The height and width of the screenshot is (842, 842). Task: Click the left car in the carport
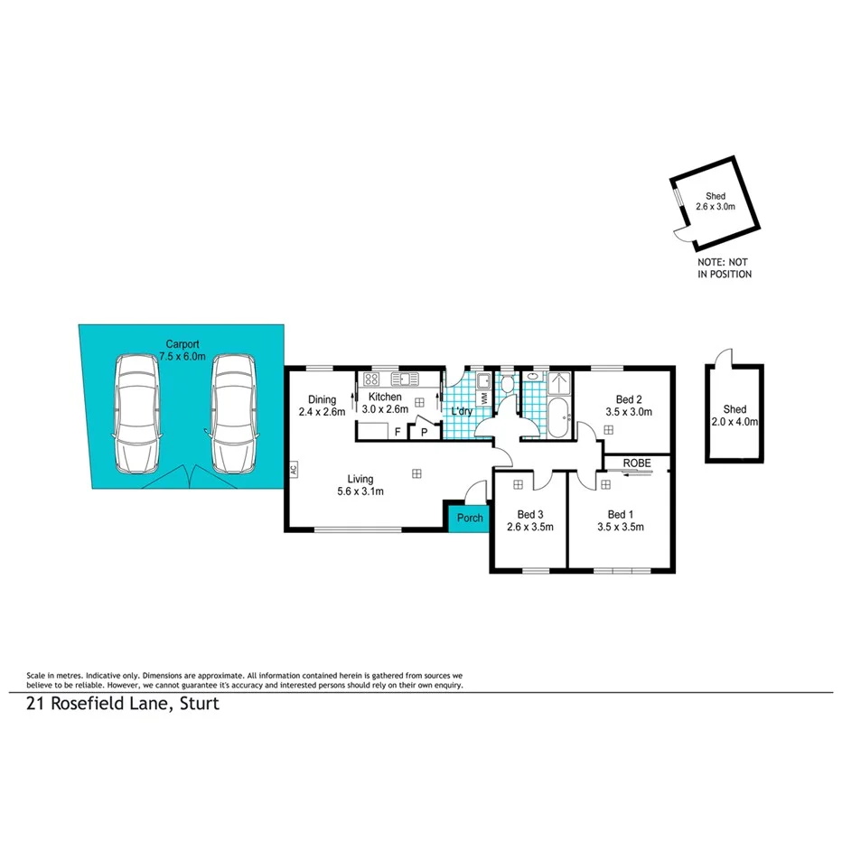click(137, 414)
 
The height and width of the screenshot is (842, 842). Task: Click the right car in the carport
click(232, 414)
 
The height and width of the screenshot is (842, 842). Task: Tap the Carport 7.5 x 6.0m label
click(182, 350)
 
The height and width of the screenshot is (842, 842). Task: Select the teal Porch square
click(469, 519)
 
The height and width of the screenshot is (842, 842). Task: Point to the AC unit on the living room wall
click(294, 470)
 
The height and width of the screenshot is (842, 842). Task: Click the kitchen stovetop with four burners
click(370, 379)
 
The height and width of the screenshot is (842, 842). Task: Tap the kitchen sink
click(402, 379)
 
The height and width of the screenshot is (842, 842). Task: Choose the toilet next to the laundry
click(508, 385)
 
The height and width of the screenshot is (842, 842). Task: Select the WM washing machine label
click(484, 397)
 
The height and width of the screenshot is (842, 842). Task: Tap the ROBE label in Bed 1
click(637, 463)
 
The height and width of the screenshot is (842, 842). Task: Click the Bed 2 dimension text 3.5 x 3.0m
click(629, 412)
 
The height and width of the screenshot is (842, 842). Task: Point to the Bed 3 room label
click(529, 514)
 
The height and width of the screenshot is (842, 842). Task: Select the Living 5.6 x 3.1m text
click(361, 486)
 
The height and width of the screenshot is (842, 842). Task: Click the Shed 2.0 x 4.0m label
click(734, 415)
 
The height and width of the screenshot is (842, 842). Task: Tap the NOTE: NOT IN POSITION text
click(725, 268)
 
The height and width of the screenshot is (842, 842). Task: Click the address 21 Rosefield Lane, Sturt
click(123, 705)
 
